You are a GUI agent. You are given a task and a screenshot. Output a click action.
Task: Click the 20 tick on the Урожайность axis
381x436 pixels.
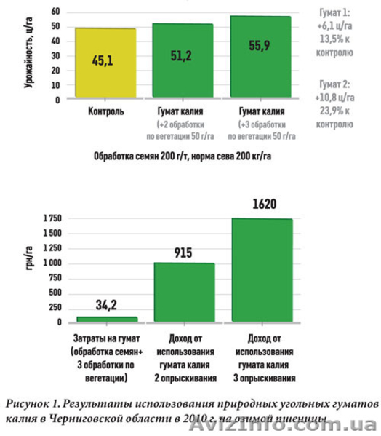[x=56, y=71]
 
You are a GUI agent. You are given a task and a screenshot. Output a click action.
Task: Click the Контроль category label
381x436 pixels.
[x=105, y=113]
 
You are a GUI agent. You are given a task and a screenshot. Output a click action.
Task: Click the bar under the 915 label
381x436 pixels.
[x=184, y=292]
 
